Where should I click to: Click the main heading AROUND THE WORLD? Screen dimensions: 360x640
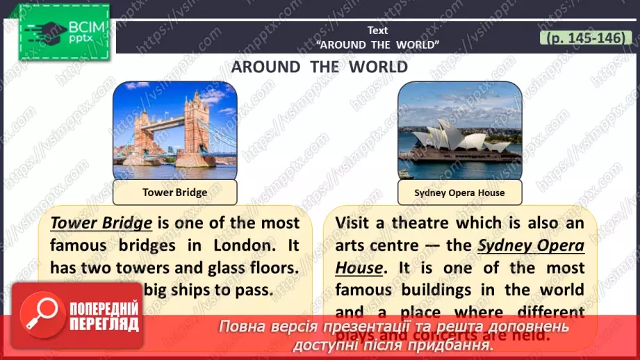[x=319, y=67]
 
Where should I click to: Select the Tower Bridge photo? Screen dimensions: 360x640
[x=174, y=130]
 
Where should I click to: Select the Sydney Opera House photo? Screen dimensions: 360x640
[x=459, y=130]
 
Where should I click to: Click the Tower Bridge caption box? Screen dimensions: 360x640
[x=174, y=193]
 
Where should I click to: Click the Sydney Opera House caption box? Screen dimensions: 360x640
[x=459, y=193]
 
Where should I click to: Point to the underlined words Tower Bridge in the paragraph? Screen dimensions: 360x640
[x=101, y=223]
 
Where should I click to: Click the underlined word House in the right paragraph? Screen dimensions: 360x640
[x=359, y=268]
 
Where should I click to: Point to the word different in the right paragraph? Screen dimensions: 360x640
[x=546, y=312]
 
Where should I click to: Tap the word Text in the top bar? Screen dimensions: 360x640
[x=378, y=31]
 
